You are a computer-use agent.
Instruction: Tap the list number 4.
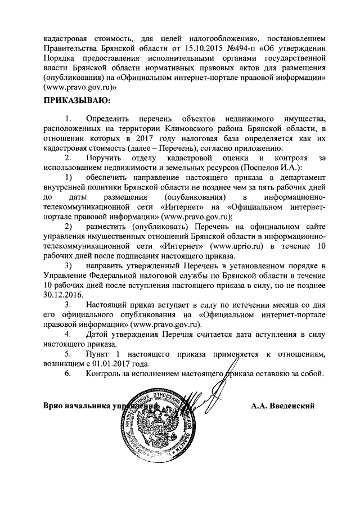68,334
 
